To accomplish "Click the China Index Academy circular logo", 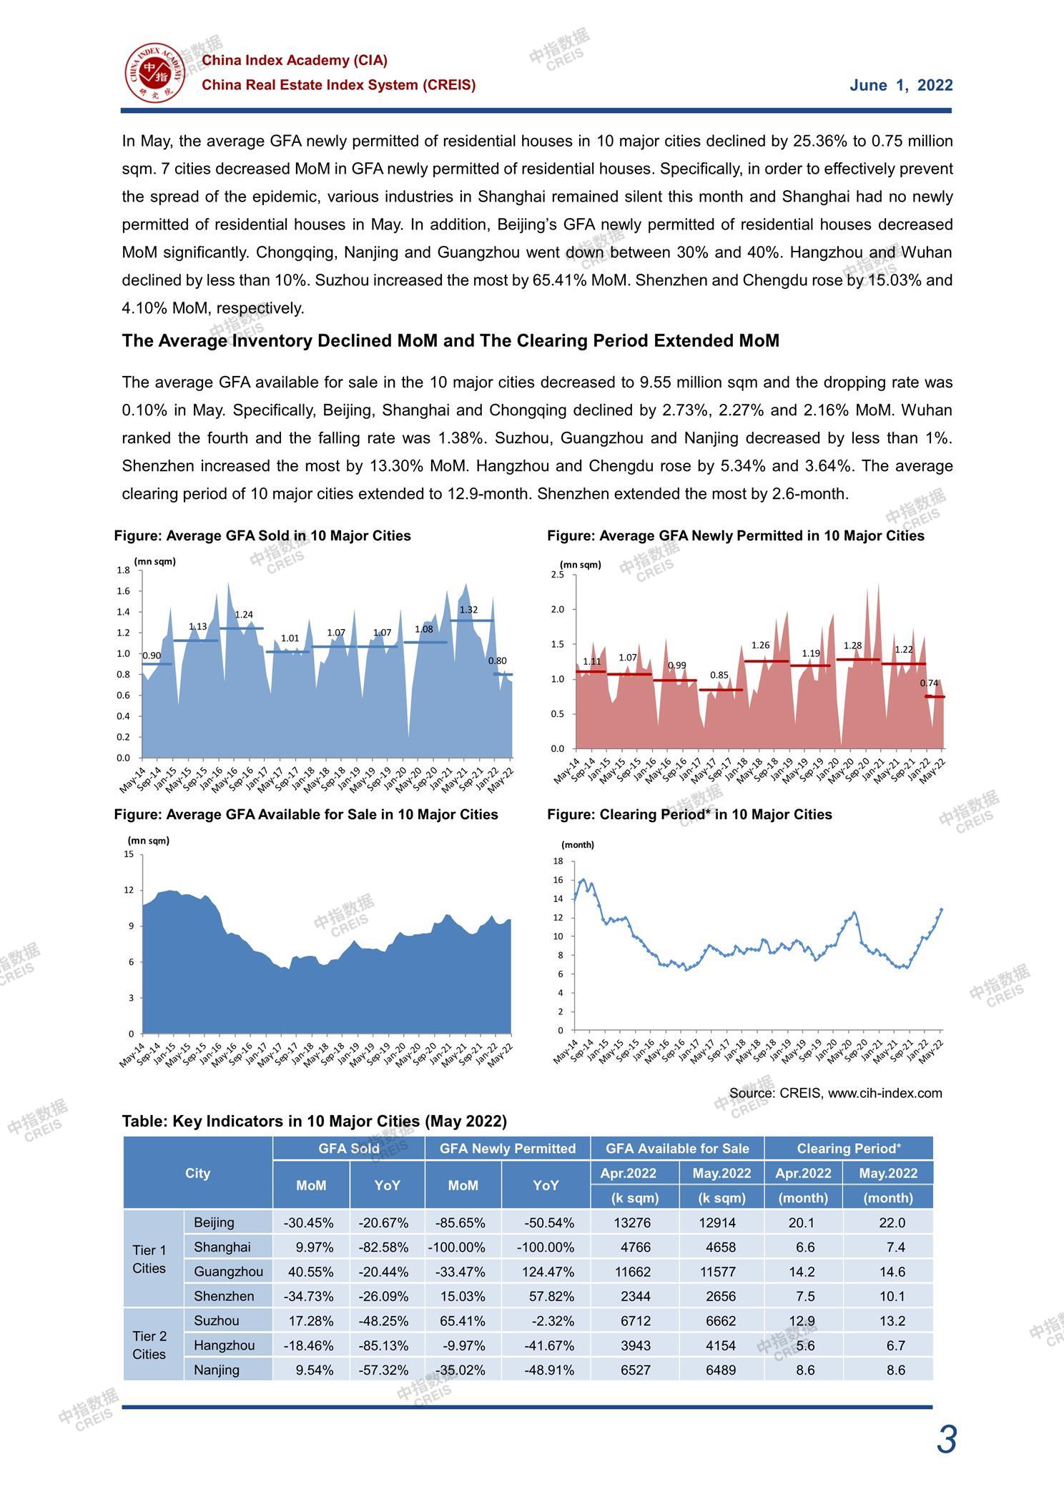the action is [x=155, y=72].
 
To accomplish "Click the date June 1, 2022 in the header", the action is [x=901, y=86].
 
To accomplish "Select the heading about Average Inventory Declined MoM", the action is [x=450, y=341].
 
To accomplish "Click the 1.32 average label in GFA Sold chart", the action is [x=468, y=610].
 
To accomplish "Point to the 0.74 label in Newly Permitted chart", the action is [x=929, y=683].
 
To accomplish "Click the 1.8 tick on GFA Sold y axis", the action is [x=123, y=570].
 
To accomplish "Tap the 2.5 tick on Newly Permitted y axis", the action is [x=557, y=575].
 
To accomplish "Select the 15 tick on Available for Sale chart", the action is [x=129, y=854].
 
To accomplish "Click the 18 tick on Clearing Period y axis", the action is [x=558, y=861].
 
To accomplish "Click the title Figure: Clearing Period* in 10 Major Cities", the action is [x=689, y=815].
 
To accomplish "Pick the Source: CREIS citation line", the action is [x=836, y=1093].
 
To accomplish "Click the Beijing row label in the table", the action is [x=214, y=1222].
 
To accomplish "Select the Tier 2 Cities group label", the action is [x=149, y=1345].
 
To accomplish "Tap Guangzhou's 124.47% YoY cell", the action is [x=546, y=1272].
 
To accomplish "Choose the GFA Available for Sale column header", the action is [x=677, y=1149].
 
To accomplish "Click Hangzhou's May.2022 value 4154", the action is [x=721, y=1345].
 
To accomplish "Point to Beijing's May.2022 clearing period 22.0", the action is [x=892, y=1222].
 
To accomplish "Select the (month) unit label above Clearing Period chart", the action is [x=578, y=844].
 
